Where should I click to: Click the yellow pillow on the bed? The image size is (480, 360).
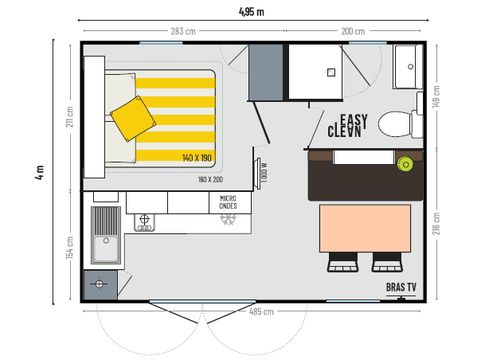pyautogui.click(x=132, y=118)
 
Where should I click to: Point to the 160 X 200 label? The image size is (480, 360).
pyautogui.click(x=211, y=179)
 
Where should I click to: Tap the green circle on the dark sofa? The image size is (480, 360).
pyautogui.click(x=406, y=163)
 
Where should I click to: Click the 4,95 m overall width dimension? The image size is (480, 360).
pyautogui.click(x=252, y=12)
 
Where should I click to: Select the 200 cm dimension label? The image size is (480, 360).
pyautogui.click(x=353, y=32)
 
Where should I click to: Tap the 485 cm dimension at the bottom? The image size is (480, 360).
pyautogui.click(x=261, y=312)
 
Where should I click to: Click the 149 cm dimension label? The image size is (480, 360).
pyautogui.click(x=438, y=95)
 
